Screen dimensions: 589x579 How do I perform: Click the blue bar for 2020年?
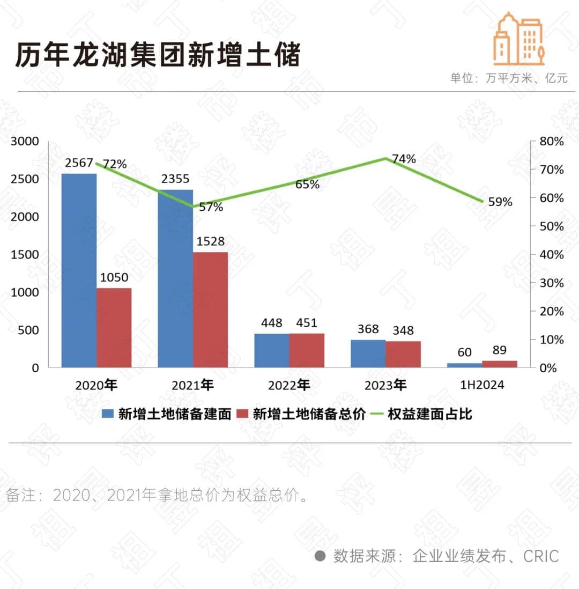[x=79, y=270]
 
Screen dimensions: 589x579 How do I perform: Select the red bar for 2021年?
[x=210, y=310]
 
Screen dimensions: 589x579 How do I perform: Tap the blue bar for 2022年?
[x=271, y=350]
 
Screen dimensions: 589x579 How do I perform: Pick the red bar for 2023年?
[x=403, y=354]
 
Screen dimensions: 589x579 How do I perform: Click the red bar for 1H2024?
[x=500, y=364]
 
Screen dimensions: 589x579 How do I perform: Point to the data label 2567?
[x=79, y=163]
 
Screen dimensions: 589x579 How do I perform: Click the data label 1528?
[x=210, y=241]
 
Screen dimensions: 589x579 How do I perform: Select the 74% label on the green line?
[x=404, y=159]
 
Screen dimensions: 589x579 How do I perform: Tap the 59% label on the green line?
[x=500, y=202]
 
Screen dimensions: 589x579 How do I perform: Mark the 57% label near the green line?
[x=211, y=207]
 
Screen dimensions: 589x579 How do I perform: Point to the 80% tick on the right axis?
[x=551, y=141]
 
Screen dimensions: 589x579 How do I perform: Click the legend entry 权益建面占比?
[x=429, y=414]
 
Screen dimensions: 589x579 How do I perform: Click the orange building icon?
[x=519, y=39]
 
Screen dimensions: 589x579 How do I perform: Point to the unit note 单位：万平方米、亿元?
[x=508, y=78]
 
